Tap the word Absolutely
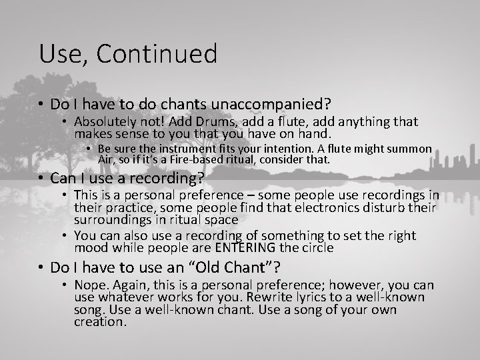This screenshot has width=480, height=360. coord(107,122)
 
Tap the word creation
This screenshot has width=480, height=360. coord(99,322)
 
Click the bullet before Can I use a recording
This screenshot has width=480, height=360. coord(42,179)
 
